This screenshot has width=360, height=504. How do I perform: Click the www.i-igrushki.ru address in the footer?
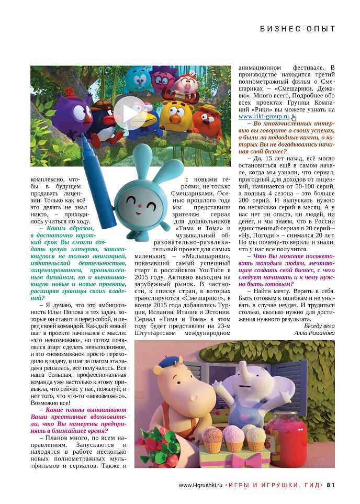click(200, 485)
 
